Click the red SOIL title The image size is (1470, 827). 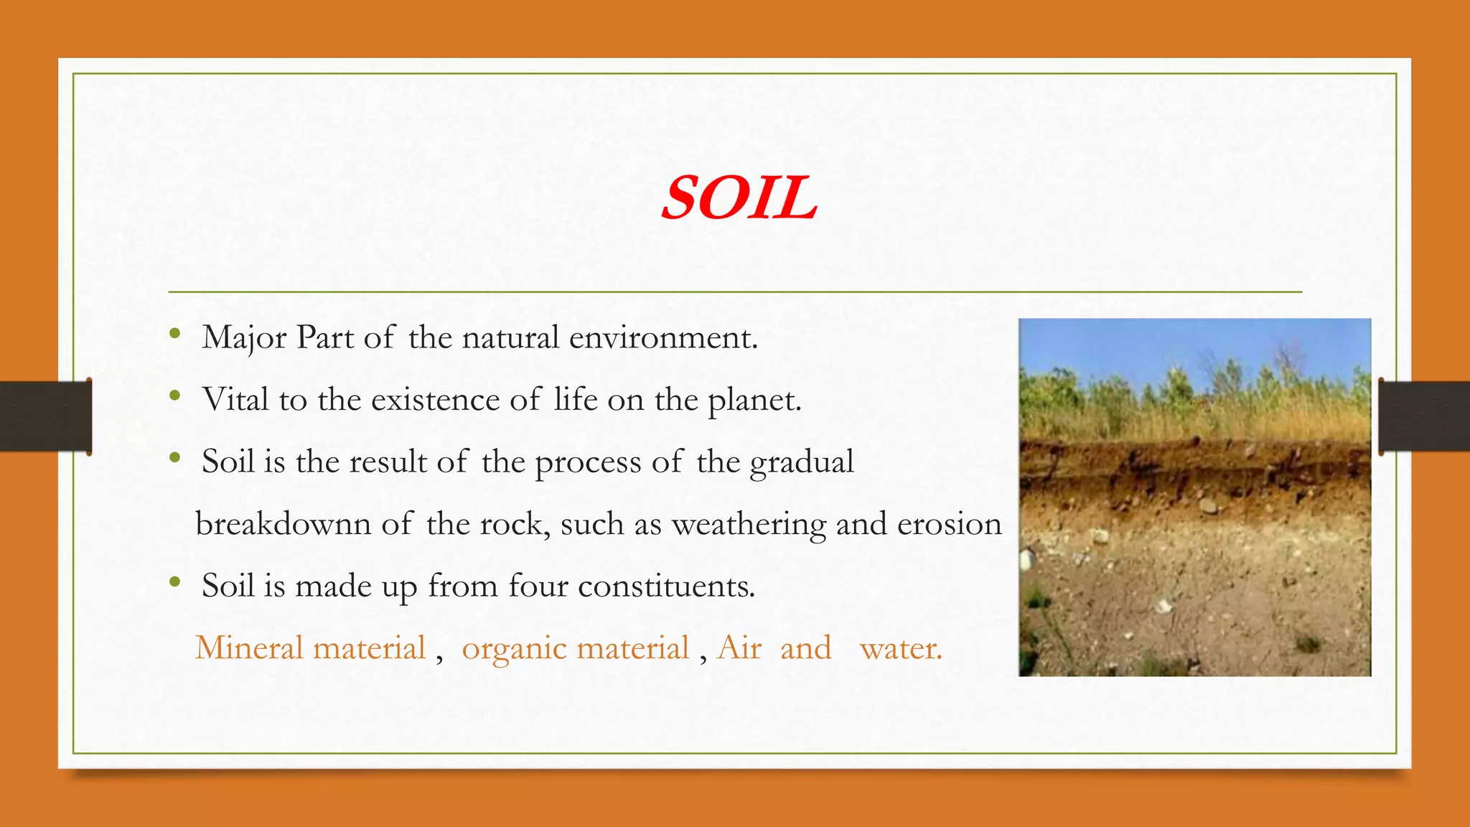pos(739,198)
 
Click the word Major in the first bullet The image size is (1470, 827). pos(244,338)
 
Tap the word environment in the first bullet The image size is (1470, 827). pos(663,338)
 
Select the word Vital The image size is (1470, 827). pos(235,400)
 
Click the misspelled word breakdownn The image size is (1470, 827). pos(283,524)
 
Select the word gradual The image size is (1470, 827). pos(802,462)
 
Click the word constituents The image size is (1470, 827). pos(666,587)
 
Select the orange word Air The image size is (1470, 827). pos(739,648)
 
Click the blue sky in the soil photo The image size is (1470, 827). pos(1148,345)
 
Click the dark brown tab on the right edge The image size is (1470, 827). pos(1424,416)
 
